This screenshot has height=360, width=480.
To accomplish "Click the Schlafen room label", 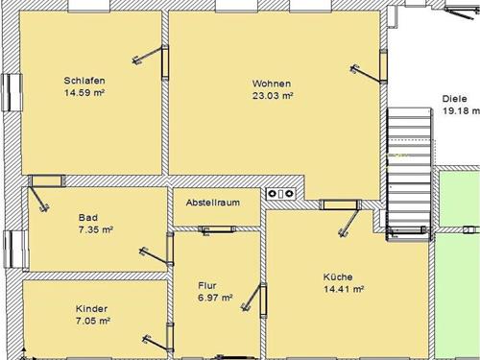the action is pyautogui.click(x=84, y=81).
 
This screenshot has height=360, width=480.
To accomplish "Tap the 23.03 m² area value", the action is pyautogui.click(x=273, y=96).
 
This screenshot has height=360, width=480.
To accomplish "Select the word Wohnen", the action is pyautogui.click(x=272, y=84).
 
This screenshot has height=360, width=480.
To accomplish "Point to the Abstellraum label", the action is pyautogui.click(x=213, y=203).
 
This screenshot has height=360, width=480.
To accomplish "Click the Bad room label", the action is pyautogui.click(x=88, y=218).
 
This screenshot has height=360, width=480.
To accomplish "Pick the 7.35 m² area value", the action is pyautogui.click(x=96, y=229).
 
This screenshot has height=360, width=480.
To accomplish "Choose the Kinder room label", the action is pyautogui.click(x=91, y=309).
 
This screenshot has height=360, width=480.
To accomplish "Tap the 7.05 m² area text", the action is pyautogui.click(x=93, y=321).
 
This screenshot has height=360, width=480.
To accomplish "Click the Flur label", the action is pyautogui.click(x=207, y=285).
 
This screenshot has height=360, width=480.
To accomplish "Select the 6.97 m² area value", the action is pyautogui.click(x=215, y=298).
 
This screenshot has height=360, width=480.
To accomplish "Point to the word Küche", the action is pyautogui.click(x=338, y=276).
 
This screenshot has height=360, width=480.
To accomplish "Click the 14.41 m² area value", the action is pyautogui.click(x=344, y=289).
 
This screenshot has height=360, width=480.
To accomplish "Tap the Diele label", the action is pyautogui.click(x=454, y=99).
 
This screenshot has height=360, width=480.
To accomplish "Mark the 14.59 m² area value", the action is pyautogui.click(x=84, y=93).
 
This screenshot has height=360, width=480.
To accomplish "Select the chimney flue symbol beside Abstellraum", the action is pyautogui.click(x=281, y=193).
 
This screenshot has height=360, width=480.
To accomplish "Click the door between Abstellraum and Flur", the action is pyautogui.click(x=217, y=229).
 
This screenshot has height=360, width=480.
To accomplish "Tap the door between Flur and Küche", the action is pyautogui.click(x=263, y=300).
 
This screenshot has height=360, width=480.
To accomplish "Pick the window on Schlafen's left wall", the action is pyautogui.click(x=12, y=92).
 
